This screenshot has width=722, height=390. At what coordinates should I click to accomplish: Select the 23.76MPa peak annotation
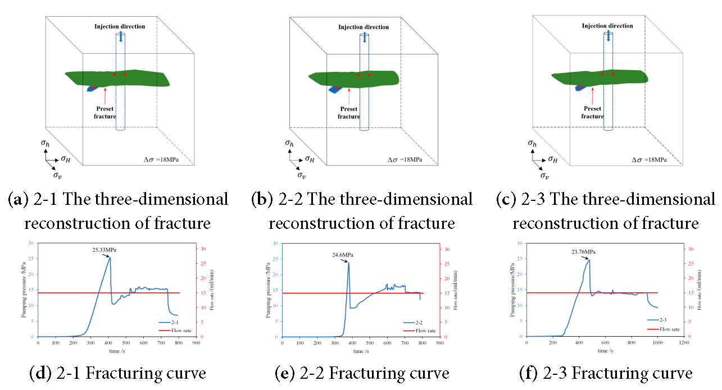(x=583, y=252)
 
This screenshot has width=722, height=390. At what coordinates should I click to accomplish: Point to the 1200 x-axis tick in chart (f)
(x=684, y=342)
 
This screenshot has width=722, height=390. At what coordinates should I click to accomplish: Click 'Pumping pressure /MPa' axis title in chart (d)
(x=24, y=290)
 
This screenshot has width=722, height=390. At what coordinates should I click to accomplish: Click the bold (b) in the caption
(x=262, y=199)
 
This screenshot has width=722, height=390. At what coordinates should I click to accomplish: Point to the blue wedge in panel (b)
(x=335, y=89)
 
